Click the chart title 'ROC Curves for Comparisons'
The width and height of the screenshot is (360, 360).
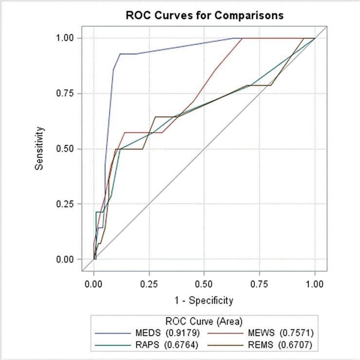tap(204, 15)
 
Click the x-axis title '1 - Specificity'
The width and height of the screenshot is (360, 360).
tap(204, 300)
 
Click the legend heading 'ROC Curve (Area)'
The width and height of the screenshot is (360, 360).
tap(204, 321)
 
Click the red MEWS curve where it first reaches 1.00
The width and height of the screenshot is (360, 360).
tap(242, 38)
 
